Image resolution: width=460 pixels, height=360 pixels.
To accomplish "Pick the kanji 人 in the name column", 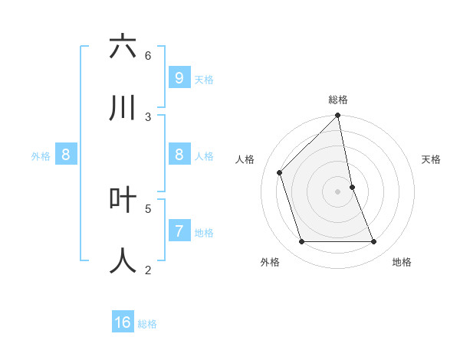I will pyautogui.click(x=123, y=260).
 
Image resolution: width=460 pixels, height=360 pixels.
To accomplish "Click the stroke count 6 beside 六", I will pyautogui.click(x=148, y=56).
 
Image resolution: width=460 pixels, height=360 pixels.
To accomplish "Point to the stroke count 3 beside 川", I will pyautogui.click(x=148, y=117).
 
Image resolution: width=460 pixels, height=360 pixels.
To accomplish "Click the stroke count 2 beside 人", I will pyautogui.click(x=148, y=270).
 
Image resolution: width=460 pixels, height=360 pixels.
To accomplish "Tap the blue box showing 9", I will pyautogui.click(x=179, y=77).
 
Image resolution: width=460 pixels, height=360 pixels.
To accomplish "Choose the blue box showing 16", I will pyautogui.click(x=123, y=322).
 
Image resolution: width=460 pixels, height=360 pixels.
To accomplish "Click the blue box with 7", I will pyautogui.click(x=179, y=231).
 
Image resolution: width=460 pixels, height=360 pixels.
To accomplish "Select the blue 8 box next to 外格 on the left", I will pyautogui.click(x=66, y=155).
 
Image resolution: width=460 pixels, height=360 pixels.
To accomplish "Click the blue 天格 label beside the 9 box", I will pyautogui.click(x=204, y=80).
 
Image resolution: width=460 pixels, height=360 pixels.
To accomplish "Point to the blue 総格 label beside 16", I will pyautogui.click(x=147, y=324).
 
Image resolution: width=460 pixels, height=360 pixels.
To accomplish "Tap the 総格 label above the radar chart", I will pyautogui.click(x=338, y=100).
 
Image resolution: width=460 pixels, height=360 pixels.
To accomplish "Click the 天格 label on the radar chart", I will pyautogui.click(x=432, y=159).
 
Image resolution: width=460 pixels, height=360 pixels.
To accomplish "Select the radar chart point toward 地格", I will pyautogui.click(x=374, y=242).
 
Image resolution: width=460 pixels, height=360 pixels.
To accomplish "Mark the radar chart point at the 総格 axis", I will pyautogui.click(x=338, y=116).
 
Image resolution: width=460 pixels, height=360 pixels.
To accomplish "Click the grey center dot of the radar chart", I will pyautogui.click(x=338, y=191).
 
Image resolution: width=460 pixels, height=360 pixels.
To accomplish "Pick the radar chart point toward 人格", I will pyautogui.click(x=280, y=172).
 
